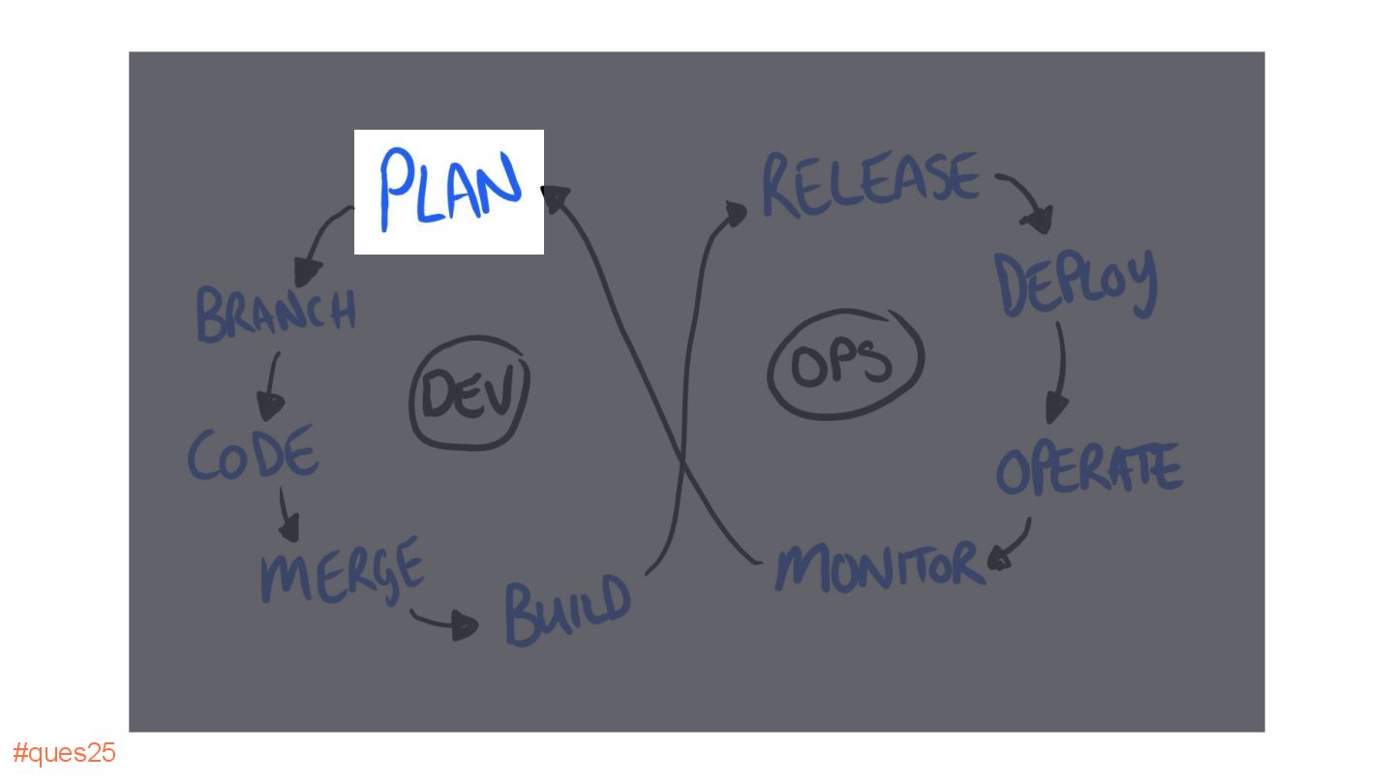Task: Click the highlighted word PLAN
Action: tap(449, 190)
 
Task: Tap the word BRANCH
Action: tap(277, 314)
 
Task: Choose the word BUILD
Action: tap(567, 610)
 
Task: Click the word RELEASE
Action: tap(870, 183)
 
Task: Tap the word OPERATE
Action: tap(1089, 469)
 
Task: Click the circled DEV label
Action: tap(470, 393)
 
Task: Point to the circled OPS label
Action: tap(844, 364)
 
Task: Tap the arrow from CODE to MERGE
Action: tap(288, 515)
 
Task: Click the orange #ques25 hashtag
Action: tap(64, 753)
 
